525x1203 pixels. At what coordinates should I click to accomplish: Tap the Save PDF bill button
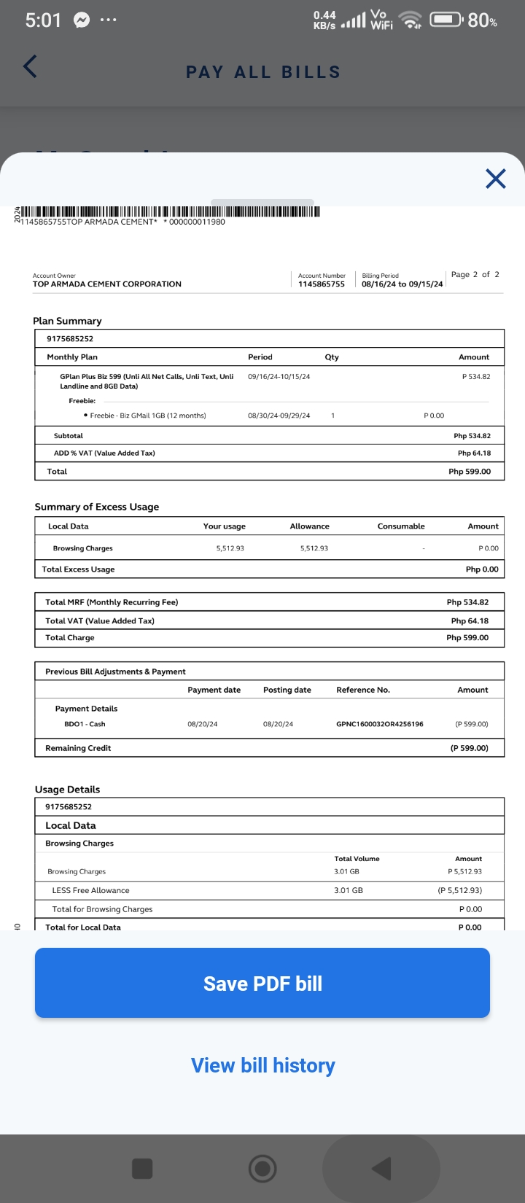262,983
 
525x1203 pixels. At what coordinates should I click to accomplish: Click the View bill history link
262,1065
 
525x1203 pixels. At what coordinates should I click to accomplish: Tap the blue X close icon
496,179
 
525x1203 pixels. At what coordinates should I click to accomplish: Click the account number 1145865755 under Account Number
321,284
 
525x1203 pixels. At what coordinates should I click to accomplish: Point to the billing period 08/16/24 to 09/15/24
402,284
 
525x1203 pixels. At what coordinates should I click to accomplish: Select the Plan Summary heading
67,321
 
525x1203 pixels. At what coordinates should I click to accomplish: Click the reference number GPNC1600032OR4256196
379,724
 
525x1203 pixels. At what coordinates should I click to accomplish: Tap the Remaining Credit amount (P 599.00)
469,748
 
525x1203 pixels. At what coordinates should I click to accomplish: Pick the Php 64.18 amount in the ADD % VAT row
474,453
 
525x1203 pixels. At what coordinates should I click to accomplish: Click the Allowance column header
309,526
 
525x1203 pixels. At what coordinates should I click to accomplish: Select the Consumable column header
401,526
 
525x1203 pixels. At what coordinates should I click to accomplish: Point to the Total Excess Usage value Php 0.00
482,569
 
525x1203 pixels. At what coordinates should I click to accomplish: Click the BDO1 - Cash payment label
85,724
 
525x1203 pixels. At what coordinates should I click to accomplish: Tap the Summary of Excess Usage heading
97,507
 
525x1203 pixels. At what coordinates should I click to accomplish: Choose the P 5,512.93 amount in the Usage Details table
464,871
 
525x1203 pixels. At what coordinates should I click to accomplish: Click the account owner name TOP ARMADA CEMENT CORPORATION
107,284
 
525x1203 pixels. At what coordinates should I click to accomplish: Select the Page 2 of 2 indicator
475,275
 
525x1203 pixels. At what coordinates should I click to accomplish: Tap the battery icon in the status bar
445,20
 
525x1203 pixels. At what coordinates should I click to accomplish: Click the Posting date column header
287,690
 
